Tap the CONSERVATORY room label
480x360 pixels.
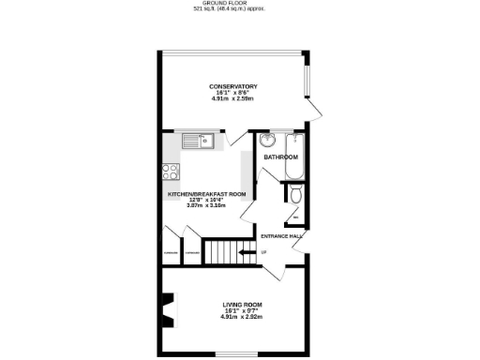(233, 86)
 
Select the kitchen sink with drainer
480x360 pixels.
(199, 142)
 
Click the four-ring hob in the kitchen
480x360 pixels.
(172, 172)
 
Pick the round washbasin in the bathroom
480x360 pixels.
(267, 142)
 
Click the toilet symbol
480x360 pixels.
(295, 194)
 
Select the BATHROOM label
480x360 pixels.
(279, 157)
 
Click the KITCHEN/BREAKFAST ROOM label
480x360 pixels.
(206, 193)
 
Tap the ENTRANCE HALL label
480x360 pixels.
(281, 235)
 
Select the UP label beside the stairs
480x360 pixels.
(263, 252)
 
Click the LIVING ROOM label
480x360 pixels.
(242, 305)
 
